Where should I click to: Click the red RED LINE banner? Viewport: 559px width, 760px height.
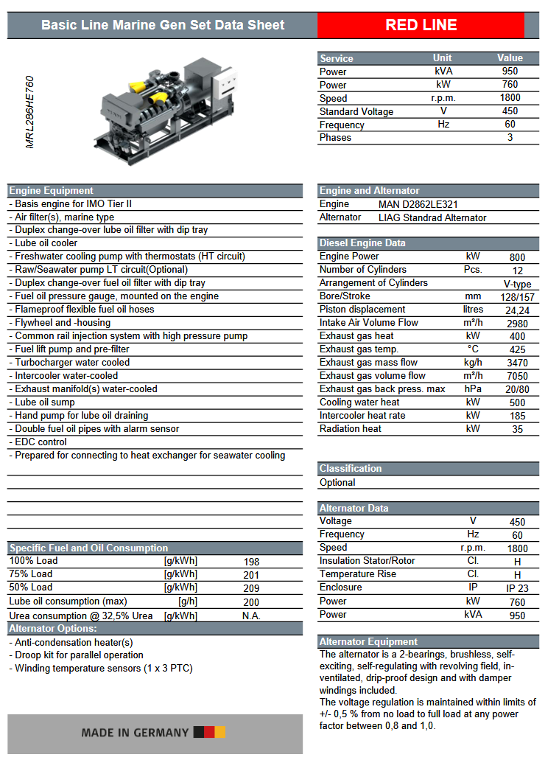(421, 25)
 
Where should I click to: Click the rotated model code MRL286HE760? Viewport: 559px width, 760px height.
(30, 112)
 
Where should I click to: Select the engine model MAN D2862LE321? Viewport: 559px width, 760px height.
(420, 204)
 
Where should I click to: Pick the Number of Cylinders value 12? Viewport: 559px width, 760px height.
(517, 270)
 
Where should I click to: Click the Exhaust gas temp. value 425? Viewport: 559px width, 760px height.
(517, 349)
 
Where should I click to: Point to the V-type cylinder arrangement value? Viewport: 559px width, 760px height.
(517, 284)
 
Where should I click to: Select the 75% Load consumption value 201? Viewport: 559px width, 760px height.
(251, 575)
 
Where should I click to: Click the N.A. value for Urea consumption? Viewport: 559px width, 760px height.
(251, 616)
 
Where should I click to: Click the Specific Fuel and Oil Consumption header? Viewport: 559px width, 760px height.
(88, 548)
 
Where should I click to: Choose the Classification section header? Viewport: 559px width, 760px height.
(351, 468)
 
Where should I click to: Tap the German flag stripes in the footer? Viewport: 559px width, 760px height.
(209, 732)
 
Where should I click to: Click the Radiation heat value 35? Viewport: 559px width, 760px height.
(517, 429)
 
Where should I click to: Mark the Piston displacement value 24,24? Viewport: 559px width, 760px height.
(517, 310)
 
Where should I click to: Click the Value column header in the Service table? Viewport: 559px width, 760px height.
(510, 58)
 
